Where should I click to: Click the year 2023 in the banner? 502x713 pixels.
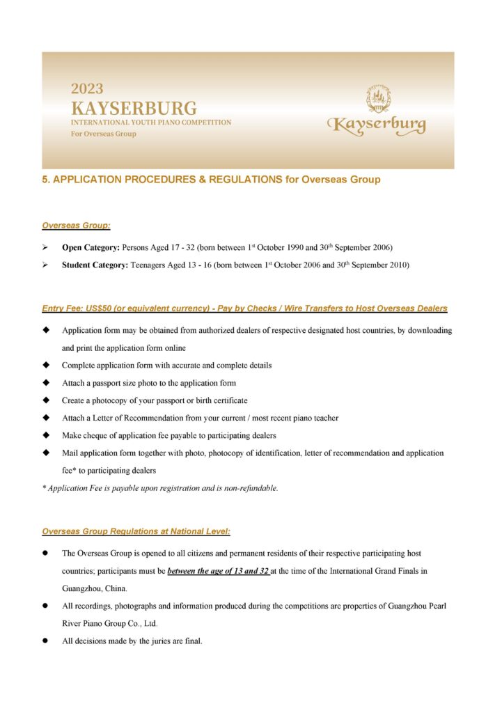click(87, 89)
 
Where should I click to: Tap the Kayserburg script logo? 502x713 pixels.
click(377, 125)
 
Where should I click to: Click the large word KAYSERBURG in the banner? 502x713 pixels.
click(134, 109)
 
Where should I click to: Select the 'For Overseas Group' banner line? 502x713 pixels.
click(103, 134)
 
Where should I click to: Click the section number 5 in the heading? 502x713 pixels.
click(45, 180)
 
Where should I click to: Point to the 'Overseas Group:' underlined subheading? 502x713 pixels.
click(76, 226)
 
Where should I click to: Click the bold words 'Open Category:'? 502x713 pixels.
click(91, 247)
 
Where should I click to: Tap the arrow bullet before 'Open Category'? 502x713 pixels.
click(45, 247)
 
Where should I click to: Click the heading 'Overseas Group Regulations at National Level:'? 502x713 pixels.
click(136, 531)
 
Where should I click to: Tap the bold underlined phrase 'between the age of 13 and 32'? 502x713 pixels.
click(218, 571)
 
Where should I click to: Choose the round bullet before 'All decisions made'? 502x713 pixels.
click(45, 641)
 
